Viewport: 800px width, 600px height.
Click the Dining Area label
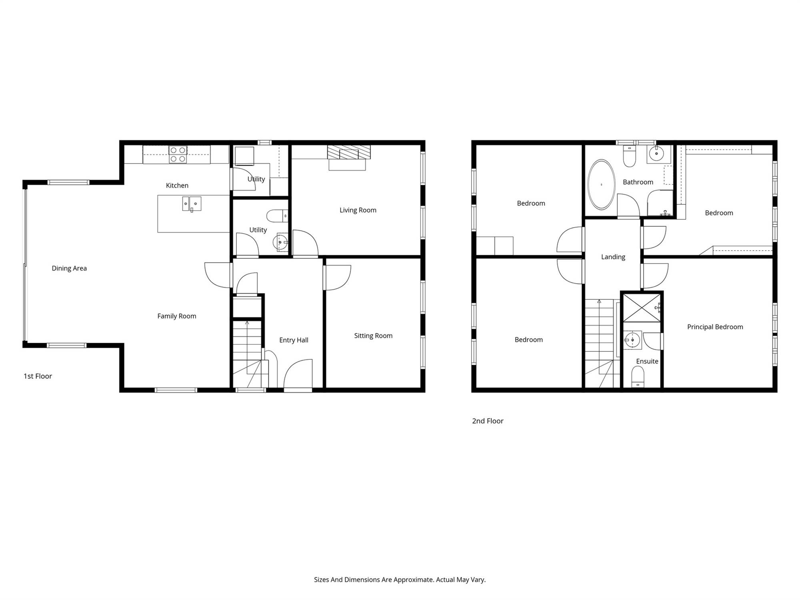click(69, 268)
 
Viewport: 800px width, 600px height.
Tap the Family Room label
click(177, 316)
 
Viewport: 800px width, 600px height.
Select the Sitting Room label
click(373, 336)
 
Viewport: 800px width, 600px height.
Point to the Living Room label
click(358, 210)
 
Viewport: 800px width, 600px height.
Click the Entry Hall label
click(294, 340)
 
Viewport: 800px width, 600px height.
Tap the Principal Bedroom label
click(715, 327)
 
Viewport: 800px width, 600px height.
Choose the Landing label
click(613, 257)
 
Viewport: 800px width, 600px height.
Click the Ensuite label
click(647, 361)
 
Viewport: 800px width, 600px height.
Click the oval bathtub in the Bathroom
click(601, 184)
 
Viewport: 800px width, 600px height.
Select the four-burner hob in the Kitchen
click(178, 154)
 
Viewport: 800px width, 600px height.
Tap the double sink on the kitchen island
click(192, 204)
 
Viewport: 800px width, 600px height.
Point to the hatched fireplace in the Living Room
click(349, 152)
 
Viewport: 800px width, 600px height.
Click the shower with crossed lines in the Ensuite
click(642, 308)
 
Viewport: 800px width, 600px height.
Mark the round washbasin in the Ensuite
click(632, 340)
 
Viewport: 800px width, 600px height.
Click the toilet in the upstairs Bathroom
click(630, 156)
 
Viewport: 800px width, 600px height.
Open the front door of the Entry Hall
click(298, 374)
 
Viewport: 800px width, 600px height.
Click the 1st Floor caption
click(38, 376)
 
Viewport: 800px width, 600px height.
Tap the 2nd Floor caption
click(488, 421)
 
